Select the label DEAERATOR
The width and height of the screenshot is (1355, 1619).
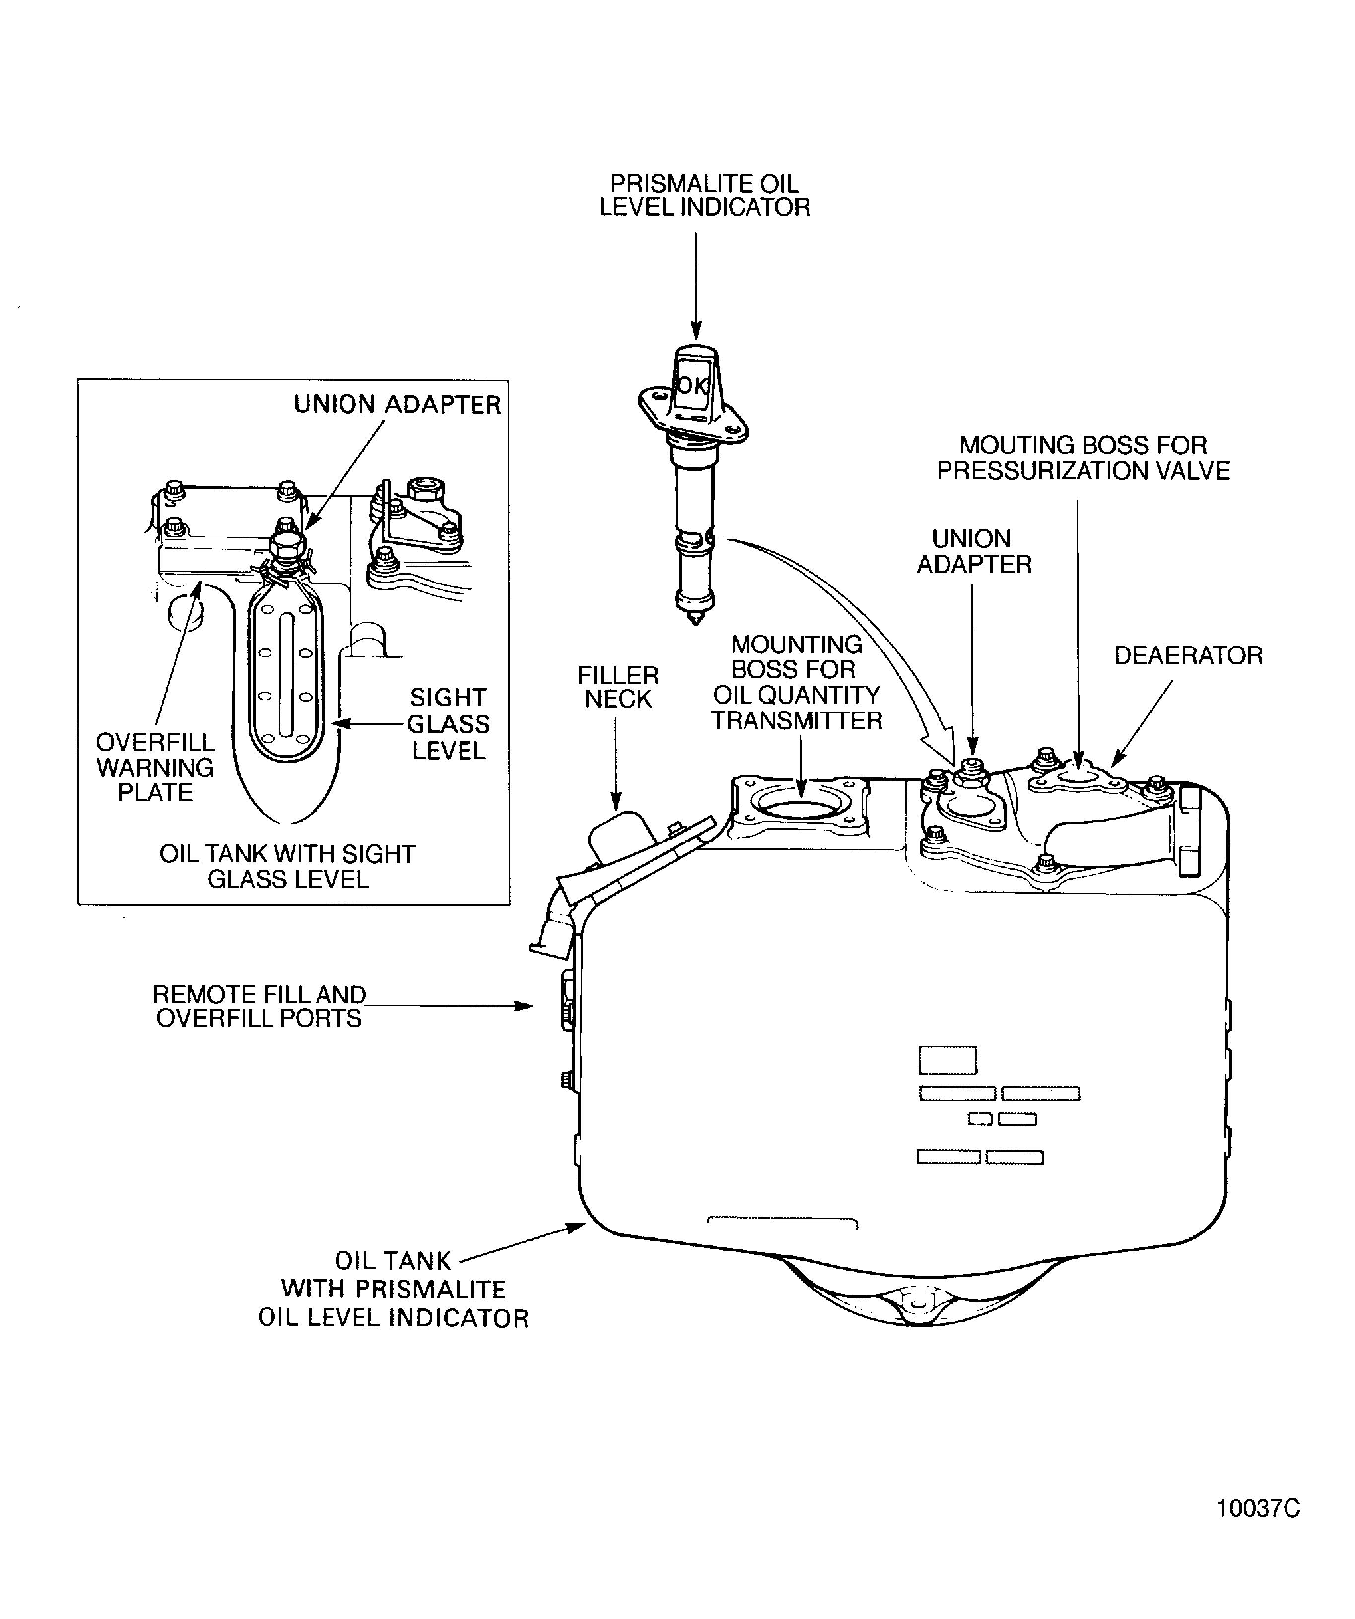tap(1188, 655)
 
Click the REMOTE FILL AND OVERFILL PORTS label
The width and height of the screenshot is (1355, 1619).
tap(259, 1006)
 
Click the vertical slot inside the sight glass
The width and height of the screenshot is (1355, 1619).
tap(285, 675)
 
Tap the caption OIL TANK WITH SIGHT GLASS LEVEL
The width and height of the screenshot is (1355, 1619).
tap(288, 866)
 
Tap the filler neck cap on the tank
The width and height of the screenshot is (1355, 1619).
tap(621, 835)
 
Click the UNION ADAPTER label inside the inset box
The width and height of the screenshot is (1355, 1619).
tap(397, 405)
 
